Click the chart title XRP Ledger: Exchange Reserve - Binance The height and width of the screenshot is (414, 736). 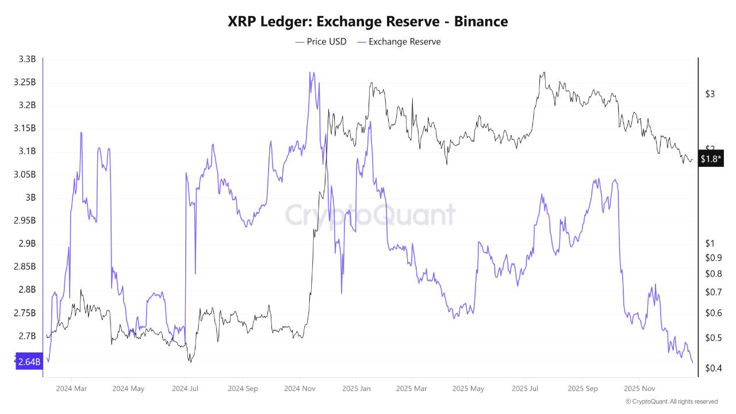(x=368, y=22)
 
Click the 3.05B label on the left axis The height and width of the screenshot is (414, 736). (x=25, y=174)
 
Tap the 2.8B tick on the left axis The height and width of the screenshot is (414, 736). (x=27, y=289)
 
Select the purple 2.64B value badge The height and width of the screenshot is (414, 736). (x=29, y=362)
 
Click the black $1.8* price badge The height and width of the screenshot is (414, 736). (x=710, y=159)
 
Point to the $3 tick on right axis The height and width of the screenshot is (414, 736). (x=710, y=94)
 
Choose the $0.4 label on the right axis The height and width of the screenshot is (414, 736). (x=713, y=368)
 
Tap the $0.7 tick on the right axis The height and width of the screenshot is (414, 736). (x=713, y=292)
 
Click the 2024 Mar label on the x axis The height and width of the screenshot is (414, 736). (x=72, y=388)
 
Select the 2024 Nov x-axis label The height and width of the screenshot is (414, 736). (x=299, y=388)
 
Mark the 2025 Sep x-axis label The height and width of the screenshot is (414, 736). (x=582, y=388)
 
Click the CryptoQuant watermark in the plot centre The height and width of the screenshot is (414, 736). (x=370, y=215)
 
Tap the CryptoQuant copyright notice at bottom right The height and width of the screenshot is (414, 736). (x=671, y=401)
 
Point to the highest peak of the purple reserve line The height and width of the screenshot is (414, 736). (x=310, y=72)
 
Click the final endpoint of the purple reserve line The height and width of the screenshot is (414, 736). (x=692, y=362)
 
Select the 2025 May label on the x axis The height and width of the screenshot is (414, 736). (x=468, y=388)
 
